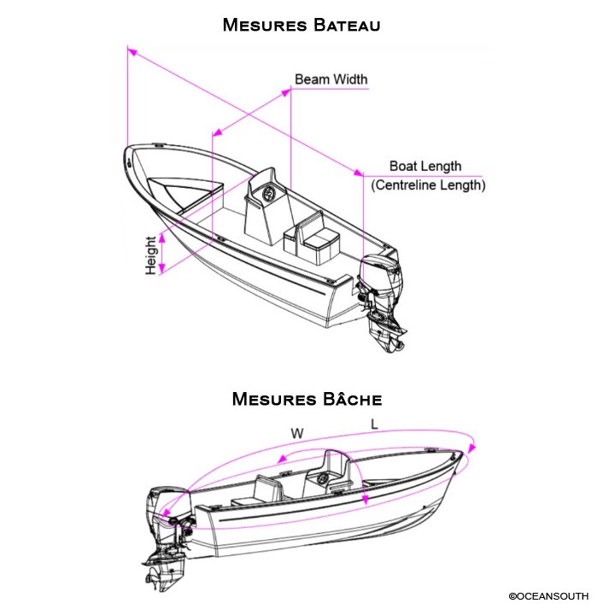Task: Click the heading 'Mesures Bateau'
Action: click(x=301, y=24)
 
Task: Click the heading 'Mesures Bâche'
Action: click(x=307, y=399)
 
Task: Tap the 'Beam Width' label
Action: click(x=331, y=79)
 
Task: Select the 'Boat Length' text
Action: click(x=425, y=167)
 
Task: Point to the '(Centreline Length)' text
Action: click(x=428, y=184)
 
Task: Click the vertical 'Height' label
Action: click(x=151, y=255)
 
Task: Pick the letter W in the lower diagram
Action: click(x=297, y=434)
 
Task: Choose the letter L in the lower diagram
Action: click(x=374, y=425)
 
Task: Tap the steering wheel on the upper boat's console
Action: click(x=270, y=193)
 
